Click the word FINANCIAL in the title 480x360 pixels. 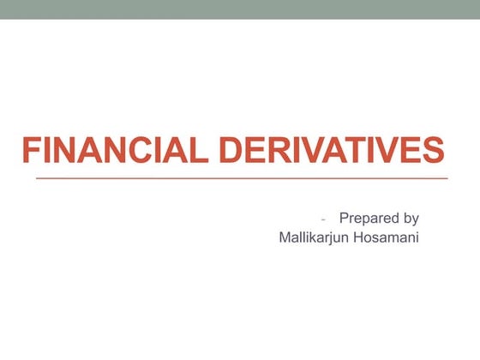(116, 151)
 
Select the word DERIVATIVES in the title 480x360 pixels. (333, 151)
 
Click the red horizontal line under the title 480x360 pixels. (241, 178)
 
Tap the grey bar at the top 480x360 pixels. (240, 9)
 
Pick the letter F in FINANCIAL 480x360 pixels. (30, 151)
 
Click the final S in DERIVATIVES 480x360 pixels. (434, 151)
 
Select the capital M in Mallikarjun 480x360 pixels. (285, 237)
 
